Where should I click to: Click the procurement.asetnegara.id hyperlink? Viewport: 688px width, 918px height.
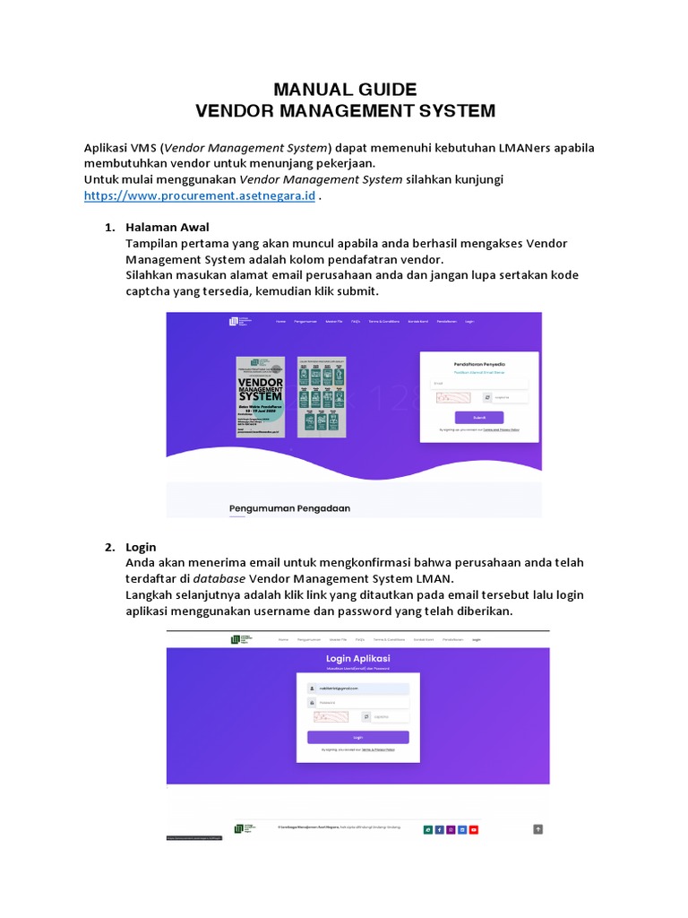point(199,196)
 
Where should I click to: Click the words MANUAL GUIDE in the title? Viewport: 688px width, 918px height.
point(345,90)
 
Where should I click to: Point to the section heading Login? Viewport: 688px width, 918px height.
point(142,547)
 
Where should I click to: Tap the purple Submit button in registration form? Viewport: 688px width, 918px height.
point(479,417)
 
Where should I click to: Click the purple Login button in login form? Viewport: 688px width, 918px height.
point(357,737)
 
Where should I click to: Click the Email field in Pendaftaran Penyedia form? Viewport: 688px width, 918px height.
point(479,384)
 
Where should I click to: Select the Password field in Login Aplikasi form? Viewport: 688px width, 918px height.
point(357,702)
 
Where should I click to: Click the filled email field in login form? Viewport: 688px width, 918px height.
point(357,688)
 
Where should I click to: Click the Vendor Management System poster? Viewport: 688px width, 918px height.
point(261,397)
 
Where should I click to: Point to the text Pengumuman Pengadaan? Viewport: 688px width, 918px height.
point(289,508)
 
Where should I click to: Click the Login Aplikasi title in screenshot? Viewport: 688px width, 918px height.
point(357,659)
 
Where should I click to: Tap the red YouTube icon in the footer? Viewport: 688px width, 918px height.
point(474,829)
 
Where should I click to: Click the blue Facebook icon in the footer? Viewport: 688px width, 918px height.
point(440,829)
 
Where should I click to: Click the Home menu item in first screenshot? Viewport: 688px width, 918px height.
point(280,321)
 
